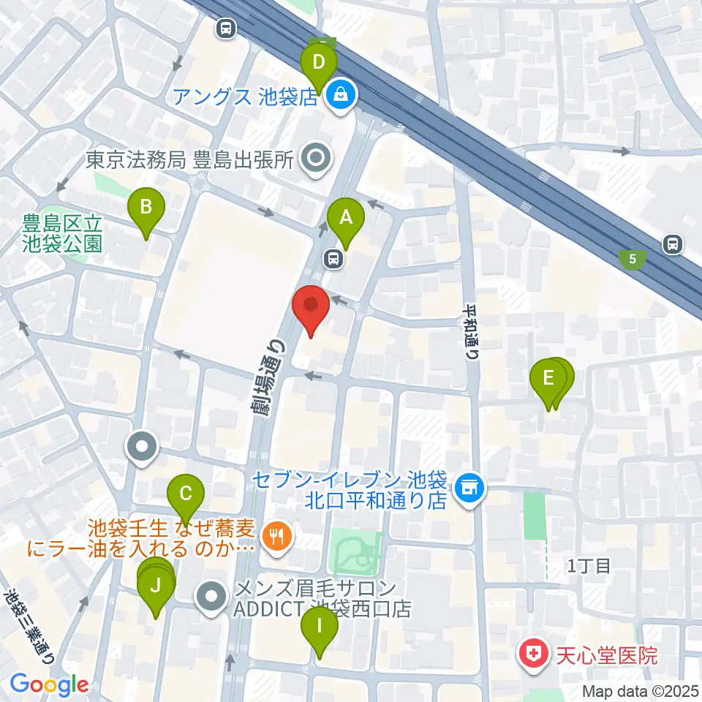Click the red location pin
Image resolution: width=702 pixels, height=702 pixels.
click(311, 307)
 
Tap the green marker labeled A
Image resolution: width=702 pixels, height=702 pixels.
click(345, 218)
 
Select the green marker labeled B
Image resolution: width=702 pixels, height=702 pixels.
click(146, 208)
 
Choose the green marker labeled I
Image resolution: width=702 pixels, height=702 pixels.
click(319, 626)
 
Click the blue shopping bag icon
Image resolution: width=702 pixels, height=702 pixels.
click(340, 94)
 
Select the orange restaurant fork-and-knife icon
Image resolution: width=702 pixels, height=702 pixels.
click(276, 537)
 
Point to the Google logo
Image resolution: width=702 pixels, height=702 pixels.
click(49, 684)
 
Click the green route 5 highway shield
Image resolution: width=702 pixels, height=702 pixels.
click(632, 258)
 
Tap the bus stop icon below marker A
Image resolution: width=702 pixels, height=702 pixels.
click(333, 258)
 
